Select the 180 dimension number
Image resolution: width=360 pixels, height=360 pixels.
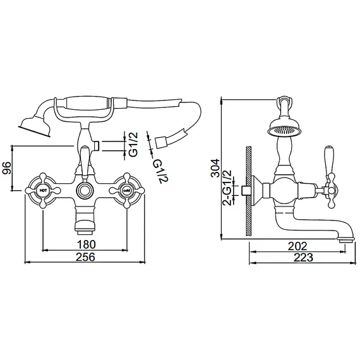[87, 244]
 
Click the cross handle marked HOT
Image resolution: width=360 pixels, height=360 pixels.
[43, 189]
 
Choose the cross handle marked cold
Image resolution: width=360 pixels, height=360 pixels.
[127, 189]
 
